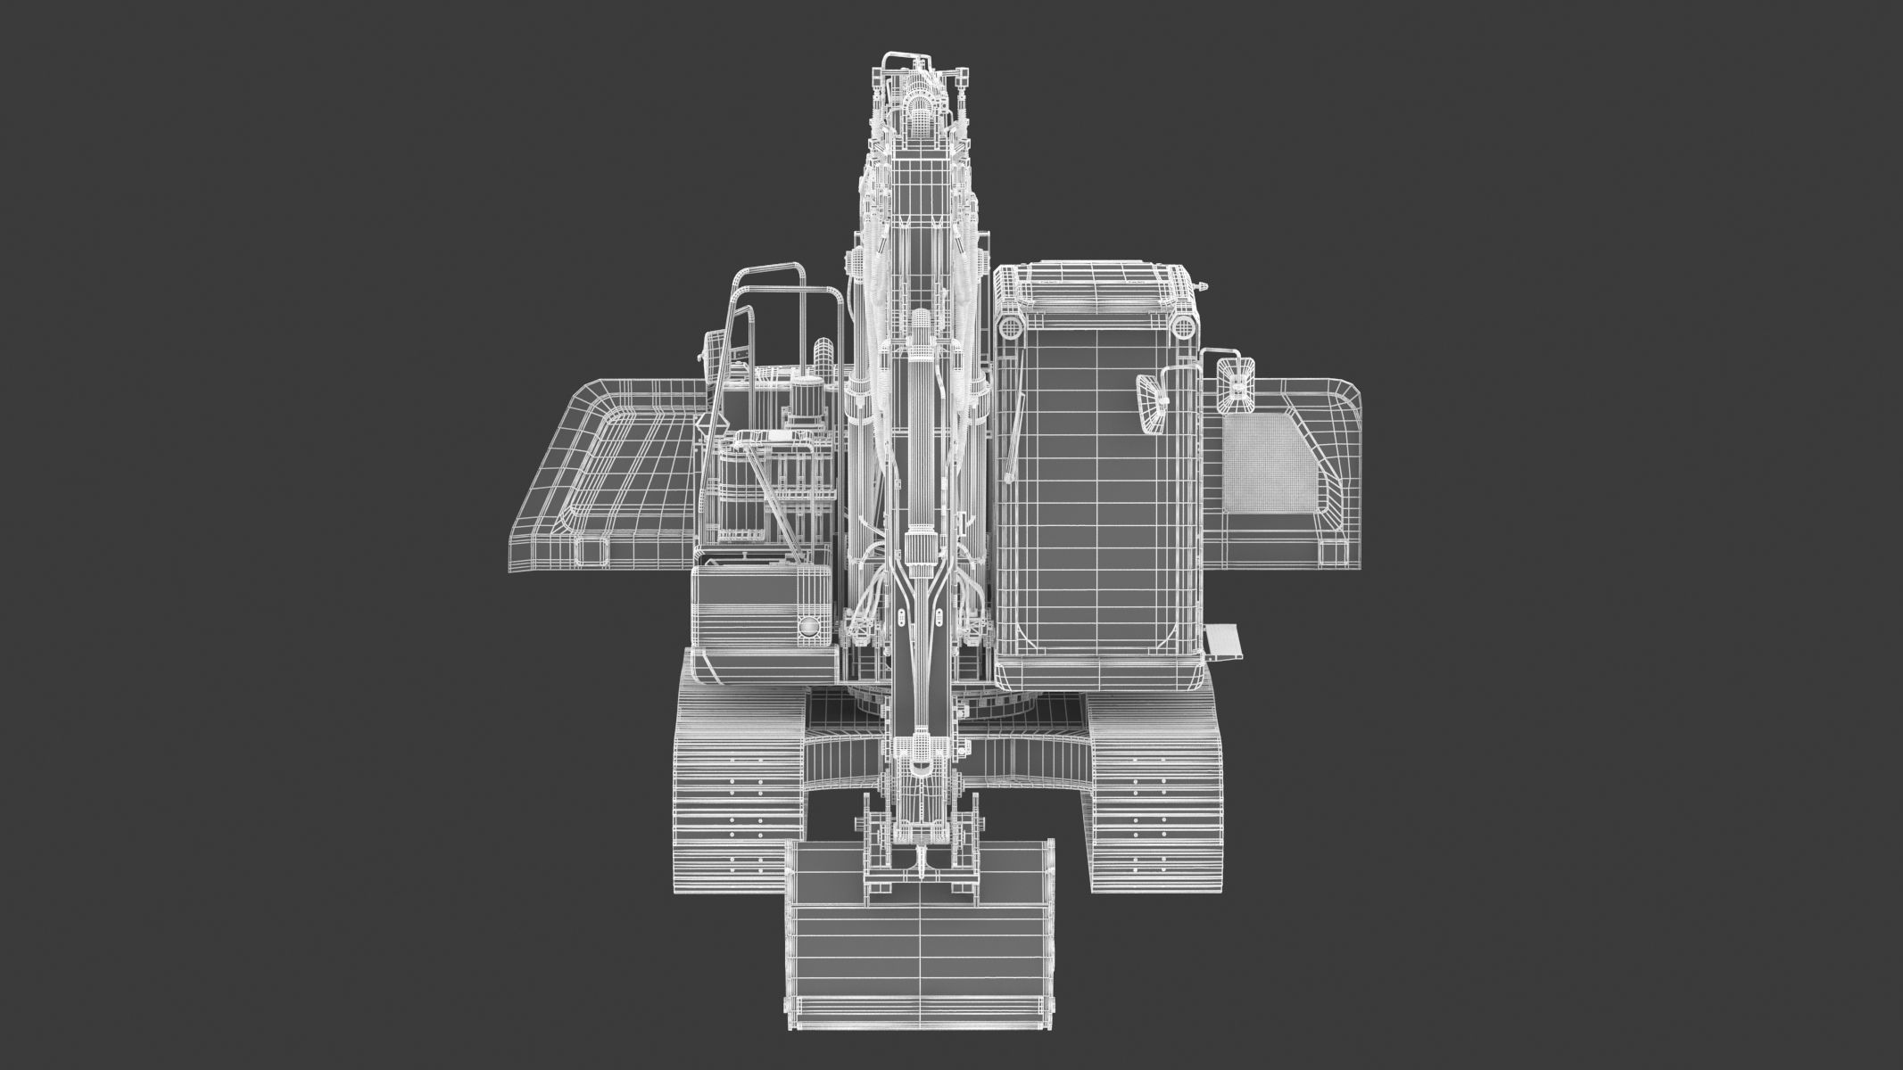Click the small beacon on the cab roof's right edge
1204,287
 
